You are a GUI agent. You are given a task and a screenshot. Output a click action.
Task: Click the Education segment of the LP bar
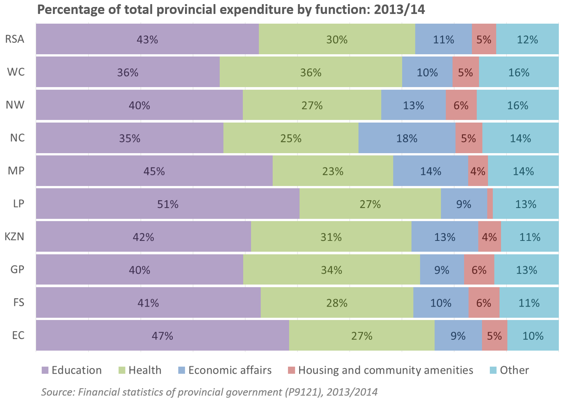click(x=167, y=204)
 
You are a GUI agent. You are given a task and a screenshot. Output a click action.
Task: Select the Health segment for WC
click(x=311, y=72)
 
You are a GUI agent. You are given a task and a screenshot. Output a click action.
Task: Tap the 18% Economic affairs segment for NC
click(x=407, y=138)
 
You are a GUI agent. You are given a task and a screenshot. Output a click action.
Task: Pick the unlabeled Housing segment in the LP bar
click(x=490, y=204)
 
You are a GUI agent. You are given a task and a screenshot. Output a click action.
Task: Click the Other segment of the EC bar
click(x=533, y=336)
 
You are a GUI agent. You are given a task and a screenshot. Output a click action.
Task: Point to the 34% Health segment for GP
click(x=332, y=270)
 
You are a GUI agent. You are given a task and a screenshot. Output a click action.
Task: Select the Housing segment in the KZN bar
click(x=489, y=237)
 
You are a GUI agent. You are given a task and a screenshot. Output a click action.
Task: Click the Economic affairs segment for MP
click(x=430, y=171)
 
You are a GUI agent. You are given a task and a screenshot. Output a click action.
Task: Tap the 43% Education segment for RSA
click(x=147, y=39)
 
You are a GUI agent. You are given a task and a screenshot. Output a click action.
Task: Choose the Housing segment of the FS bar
click(x=484, y=303)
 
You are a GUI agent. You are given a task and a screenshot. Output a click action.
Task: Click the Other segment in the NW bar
click(x=517, y=105)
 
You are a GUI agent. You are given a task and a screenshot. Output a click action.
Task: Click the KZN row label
click(x=14, y=237)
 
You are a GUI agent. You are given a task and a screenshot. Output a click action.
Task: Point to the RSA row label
click(x=15, y=39)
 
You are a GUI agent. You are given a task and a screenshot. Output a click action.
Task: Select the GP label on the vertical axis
click(x=17, y=270)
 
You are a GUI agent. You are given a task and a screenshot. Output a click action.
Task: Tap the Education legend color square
click(x=45, y=370)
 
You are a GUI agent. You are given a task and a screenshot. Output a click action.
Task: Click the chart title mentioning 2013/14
click(x=231, y=9)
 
